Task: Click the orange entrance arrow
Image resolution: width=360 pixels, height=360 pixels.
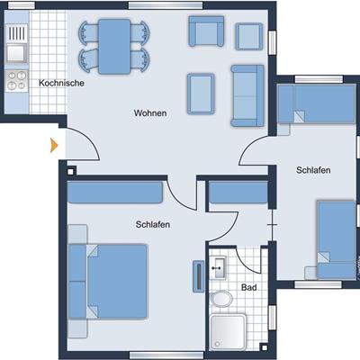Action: coord(54,146)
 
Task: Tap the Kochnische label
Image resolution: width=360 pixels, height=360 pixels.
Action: coord(61,83)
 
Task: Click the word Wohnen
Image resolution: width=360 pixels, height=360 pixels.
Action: coord(150,113)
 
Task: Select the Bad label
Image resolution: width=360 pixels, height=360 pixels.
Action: coord(249,287)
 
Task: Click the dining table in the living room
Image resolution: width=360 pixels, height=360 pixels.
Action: coord(114,47)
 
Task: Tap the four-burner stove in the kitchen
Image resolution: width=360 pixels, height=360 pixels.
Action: coord(17,80)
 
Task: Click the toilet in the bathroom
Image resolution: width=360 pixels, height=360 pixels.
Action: coord(221,299)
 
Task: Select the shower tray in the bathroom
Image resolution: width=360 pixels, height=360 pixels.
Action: coord(228,332)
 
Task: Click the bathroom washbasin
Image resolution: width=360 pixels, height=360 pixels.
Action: coord(218,267)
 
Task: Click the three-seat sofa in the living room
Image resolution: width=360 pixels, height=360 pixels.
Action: coord(247,95)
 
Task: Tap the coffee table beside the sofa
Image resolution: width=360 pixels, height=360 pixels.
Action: coord(201,94)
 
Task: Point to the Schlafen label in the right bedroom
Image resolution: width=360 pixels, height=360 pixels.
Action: coord(313,170)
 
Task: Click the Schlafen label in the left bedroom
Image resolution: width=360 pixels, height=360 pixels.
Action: coord(153,224)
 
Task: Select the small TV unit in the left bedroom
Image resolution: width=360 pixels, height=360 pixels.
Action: coord(198,276)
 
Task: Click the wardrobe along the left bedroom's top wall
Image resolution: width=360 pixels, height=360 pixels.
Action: coord(115,193)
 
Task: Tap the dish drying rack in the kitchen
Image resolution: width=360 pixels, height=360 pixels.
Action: coord(17,33)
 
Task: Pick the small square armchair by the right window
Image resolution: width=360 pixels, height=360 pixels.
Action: coord(249,36)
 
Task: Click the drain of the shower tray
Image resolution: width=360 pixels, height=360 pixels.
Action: coord(218,344)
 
